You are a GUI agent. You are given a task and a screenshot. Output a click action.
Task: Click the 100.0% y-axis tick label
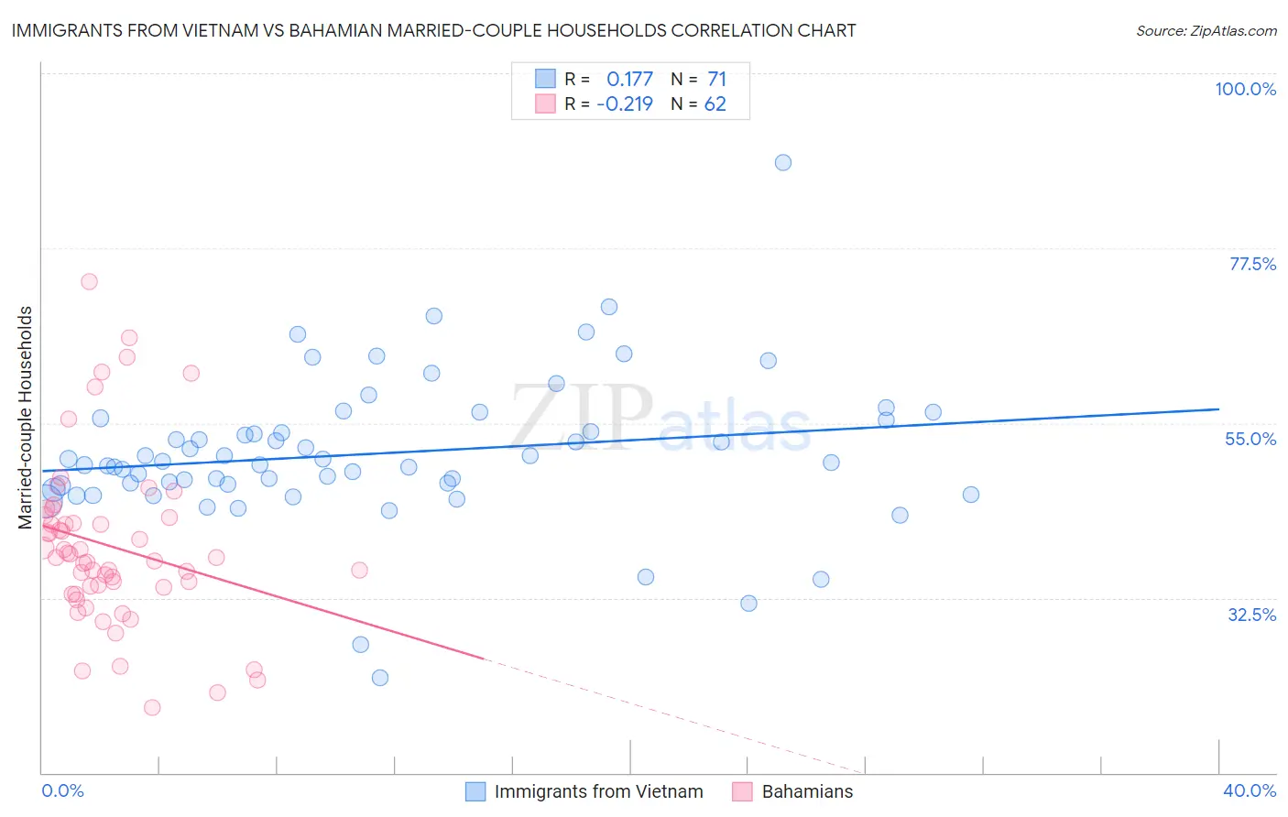(1245, 89)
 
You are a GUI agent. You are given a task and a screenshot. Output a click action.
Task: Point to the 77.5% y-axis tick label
(1252, 264)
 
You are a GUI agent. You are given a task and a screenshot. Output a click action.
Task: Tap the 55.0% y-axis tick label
(1250, 439)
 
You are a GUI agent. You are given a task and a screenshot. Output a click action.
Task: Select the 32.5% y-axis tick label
(1251, 615)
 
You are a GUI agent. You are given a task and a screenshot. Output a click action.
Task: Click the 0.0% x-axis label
(62, 790)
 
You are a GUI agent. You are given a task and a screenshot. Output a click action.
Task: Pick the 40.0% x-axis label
(1249, 790)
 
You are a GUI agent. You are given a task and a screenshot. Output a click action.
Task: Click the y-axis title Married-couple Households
(26, 418)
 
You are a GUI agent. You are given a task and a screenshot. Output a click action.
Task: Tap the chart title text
(433, 30)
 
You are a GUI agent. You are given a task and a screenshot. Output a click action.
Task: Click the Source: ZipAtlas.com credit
(1206, 30)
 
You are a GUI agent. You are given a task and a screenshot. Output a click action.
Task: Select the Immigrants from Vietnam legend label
(598, 791)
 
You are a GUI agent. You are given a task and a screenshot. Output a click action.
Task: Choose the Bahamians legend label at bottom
(807, 791)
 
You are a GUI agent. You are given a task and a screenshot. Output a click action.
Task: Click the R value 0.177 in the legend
(629, 79)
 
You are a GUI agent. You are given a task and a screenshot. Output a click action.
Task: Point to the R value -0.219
(625, 103)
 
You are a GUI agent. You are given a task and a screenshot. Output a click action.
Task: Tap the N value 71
(716, 79)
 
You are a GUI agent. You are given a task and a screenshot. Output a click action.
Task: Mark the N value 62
(715, 103)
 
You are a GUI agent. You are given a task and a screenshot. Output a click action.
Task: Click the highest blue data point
(783, 162)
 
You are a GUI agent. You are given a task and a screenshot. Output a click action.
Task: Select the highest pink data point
(89, 281)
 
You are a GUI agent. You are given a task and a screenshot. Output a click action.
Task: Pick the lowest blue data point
(380, 678)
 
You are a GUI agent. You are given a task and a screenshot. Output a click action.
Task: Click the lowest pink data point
(152, 707)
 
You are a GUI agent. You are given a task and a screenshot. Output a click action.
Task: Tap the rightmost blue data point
(971, 495)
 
